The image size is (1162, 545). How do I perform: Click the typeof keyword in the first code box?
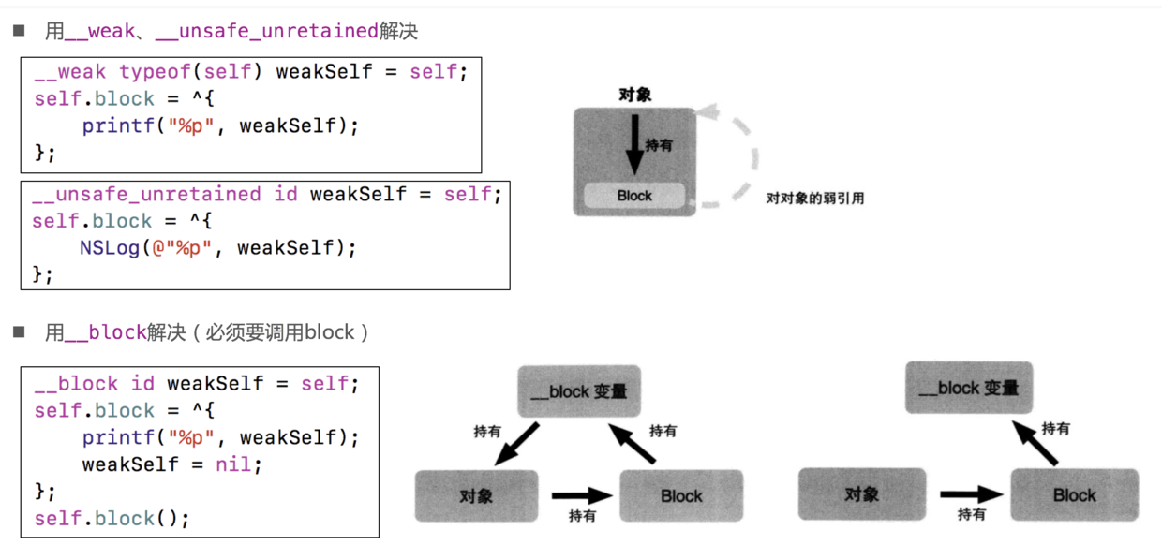coord(155,72)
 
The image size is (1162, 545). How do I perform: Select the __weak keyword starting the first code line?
coord(70,72)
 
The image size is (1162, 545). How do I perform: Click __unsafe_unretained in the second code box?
coord(146,195)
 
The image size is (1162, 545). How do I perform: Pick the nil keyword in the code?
coord(233,464)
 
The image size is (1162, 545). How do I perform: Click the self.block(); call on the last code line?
coord(112,518)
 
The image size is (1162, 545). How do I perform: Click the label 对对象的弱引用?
coord(814,199)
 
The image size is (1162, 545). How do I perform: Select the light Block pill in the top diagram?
coord(634,196)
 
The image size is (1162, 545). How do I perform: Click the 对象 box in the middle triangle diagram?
coord(476,495)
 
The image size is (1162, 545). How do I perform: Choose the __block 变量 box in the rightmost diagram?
coord(968,388)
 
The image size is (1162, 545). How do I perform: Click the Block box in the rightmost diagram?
coord(1074,495)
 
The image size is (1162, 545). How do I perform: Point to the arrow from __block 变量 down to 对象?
coord(516,444)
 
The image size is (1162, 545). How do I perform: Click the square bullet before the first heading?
coord(18,31)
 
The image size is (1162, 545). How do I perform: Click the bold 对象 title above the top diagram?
coord(634,95)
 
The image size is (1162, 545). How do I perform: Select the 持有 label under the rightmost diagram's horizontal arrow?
coord(971,514)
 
